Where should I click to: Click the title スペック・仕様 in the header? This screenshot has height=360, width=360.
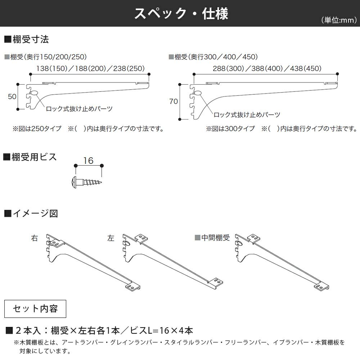181,14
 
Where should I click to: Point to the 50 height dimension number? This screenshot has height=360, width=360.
12,96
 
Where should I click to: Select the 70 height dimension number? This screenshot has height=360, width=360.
174,102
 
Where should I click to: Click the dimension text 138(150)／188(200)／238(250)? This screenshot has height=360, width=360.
90,68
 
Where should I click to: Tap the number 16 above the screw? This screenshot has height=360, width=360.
88,160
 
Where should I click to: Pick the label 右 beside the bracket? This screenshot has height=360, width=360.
35,238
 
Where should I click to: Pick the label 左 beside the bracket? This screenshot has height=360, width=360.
111,238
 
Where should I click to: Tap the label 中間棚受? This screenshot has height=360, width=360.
215,238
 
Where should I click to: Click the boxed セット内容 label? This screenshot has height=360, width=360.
35,309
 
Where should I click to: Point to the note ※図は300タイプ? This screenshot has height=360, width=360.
230,129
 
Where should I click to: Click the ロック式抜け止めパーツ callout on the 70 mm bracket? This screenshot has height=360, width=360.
247,115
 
